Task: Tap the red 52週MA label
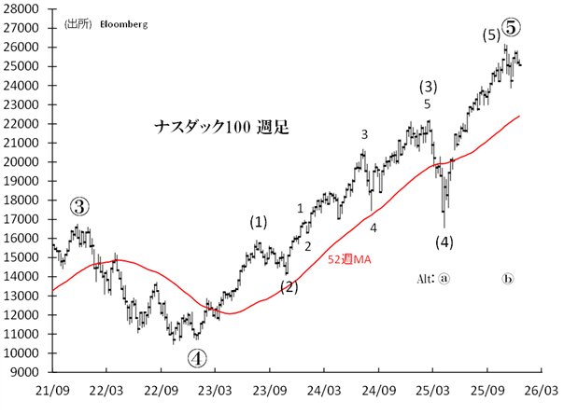(x=349, y=260)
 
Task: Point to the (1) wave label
(x=257, y=222)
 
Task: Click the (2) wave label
(x=289, y=286)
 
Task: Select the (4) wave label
(x=444, y=242)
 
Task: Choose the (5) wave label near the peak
(x=490, y=36)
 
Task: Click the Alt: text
(x=425, y=279)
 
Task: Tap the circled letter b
(x=509, y=279)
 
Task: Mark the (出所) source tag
(x=78, y=23)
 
